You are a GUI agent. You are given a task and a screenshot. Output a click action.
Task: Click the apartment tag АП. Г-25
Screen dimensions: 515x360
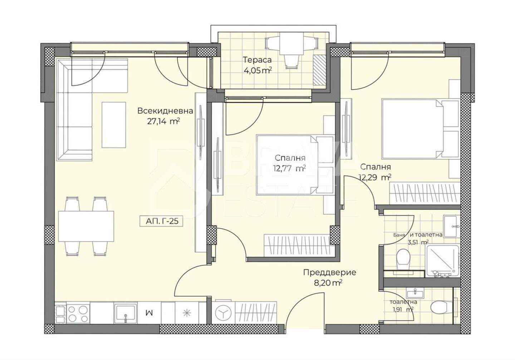point(161,221)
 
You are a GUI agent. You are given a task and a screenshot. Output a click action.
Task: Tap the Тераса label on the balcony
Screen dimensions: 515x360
point(257,60)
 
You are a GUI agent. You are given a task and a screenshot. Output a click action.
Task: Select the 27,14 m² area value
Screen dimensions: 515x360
point(163,121)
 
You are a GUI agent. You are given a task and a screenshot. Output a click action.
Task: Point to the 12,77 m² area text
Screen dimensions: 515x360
point(289,169)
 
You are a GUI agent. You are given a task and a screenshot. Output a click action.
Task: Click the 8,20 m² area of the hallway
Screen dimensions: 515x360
point(328,283)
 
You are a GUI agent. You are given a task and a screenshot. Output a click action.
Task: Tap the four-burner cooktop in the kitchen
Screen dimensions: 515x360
point(78,313)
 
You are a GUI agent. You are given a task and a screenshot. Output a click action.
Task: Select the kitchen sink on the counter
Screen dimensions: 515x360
point(126,313)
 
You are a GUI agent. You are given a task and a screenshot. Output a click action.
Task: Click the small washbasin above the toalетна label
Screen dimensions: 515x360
point(415,294)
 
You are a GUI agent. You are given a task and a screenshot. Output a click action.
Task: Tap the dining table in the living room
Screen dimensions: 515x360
point(86,226)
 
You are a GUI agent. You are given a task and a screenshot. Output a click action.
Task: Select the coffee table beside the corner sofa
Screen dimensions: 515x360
point(114,125)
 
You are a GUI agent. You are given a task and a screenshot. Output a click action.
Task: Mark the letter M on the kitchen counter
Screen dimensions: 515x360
point(149,313)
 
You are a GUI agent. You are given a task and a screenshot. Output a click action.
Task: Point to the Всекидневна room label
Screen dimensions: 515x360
point(165,111)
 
